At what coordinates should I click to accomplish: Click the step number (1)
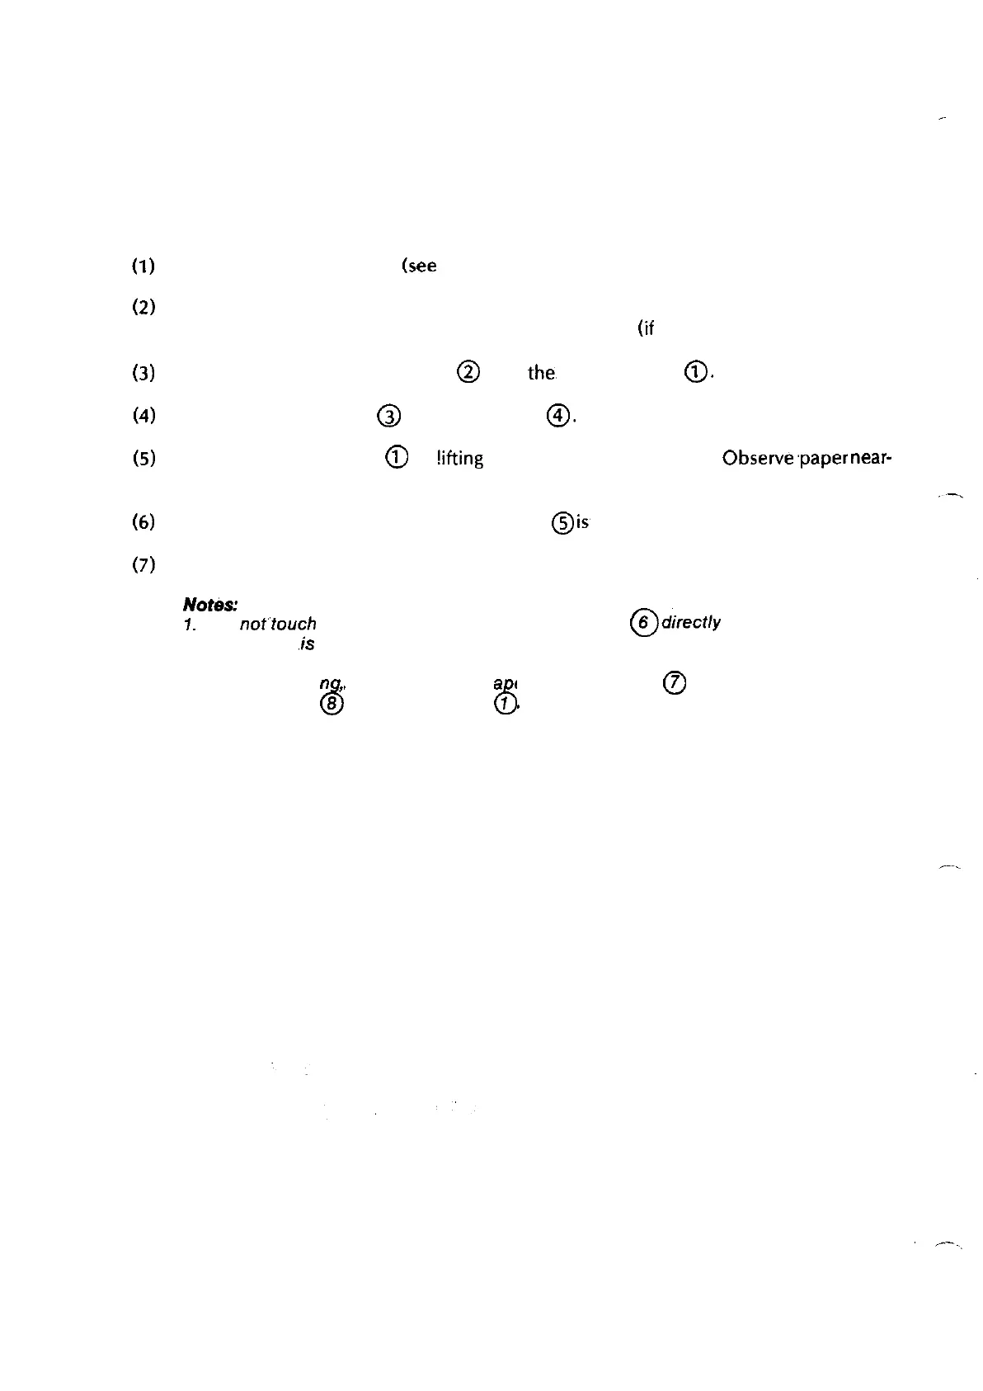tap(143, 266)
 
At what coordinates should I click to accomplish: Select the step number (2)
tap(143, 308)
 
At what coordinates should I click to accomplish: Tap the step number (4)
tap(143, 415)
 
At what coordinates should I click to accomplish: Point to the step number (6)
tap(143, 521)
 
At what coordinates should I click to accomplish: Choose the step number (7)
tap(143, 565)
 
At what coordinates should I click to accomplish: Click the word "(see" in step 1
tap(419, 266)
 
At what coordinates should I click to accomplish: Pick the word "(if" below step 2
tap(646, 328)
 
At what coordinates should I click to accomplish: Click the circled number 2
tap(468, 372)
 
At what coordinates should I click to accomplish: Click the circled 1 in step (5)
tap(397, 457)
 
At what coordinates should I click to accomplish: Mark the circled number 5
tap(562, 522)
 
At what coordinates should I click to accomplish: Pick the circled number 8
tap(332, 703)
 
